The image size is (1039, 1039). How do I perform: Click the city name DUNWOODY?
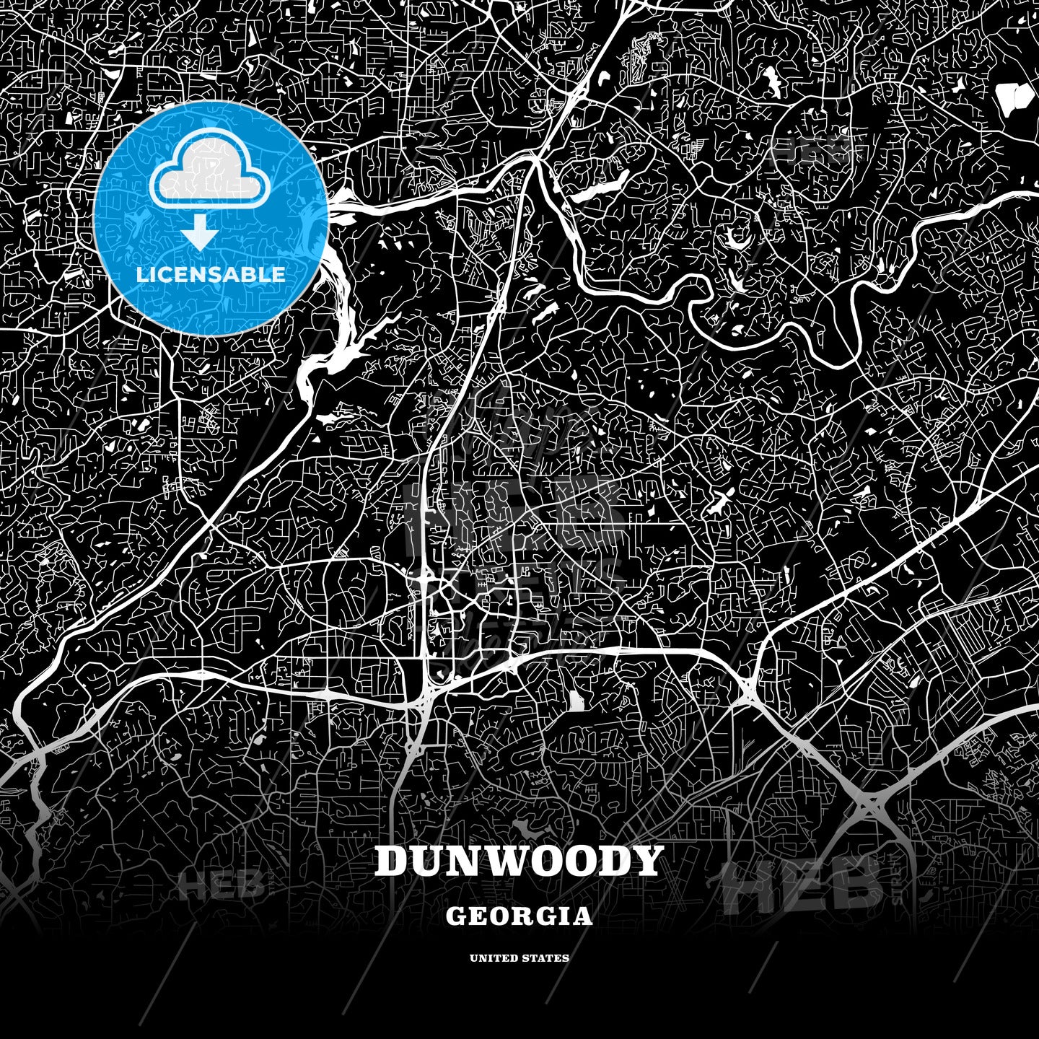[x=518, y=861]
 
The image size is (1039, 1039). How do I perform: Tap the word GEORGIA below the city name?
[x=519, y=916]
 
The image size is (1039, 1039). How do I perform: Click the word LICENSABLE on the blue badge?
[x=211, y=275]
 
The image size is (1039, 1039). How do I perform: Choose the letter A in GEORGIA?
[x=583, y=916]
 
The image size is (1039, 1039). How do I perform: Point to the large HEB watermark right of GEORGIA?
[x=801, y=885]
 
